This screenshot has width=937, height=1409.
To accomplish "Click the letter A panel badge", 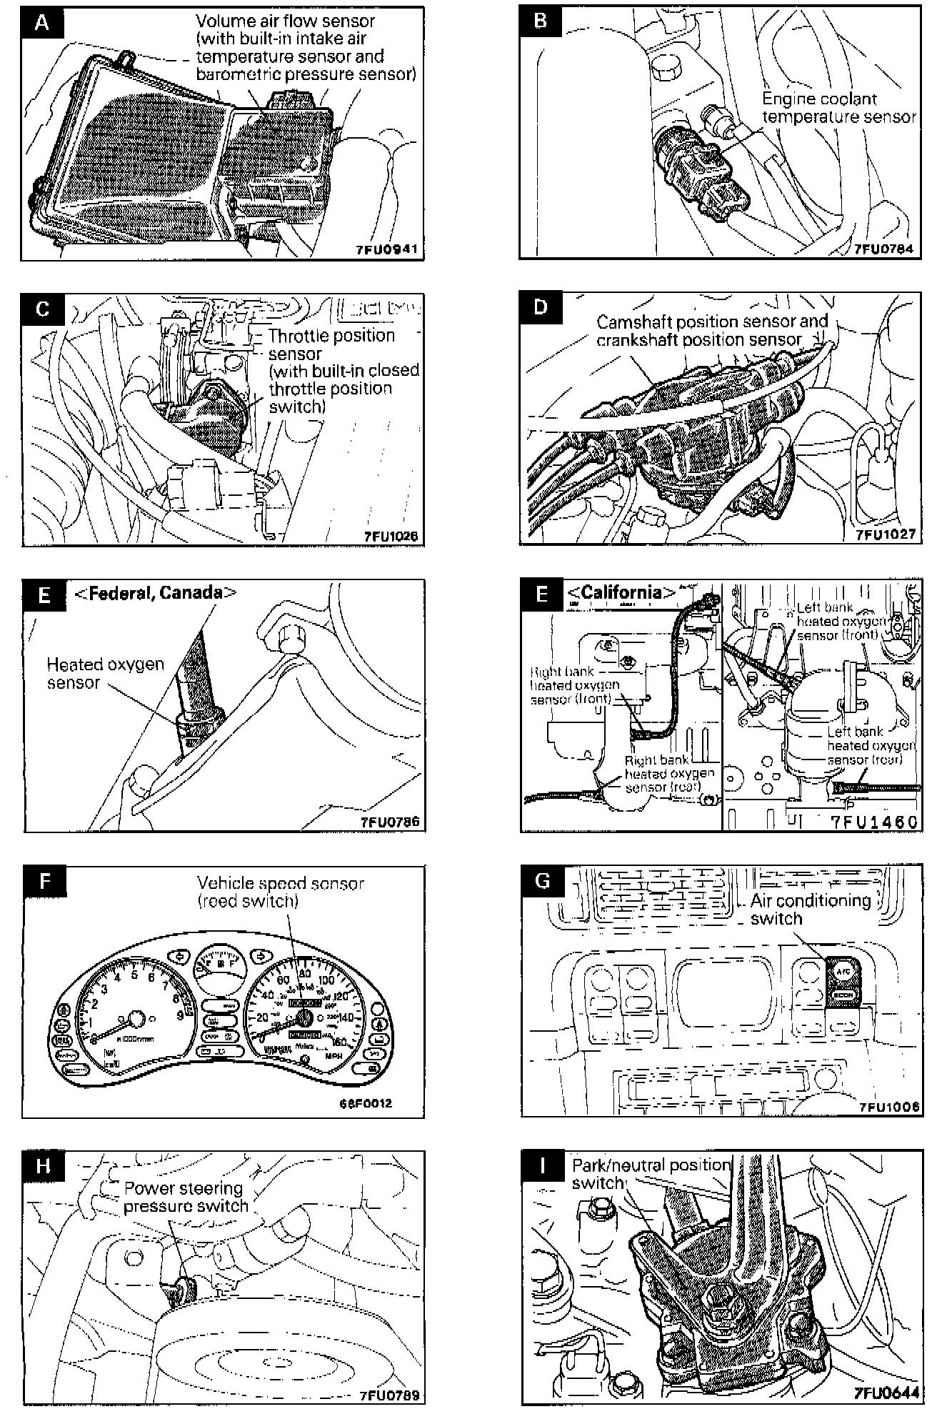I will [42, 23].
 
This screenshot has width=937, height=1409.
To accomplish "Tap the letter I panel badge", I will [543, 1166].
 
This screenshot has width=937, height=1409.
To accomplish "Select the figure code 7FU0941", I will [386, 250].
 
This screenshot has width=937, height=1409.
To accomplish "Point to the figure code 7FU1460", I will [873, 822].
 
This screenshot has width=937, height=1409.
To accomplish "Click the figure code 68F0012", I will [366, 1102].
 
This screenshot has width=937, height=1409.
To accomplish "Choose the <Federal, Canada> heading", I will [155, 592].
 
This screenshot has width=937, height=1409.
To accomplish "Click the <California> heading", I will [621, 592].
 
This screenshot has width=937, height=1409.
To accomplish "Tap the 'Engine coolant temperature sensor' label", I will [838, 107].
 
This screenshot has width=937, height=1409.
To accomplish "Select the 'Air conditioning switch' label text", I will [810, 909].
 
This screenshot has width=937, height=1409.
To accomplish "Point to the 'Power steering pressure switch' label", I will [186, 1197].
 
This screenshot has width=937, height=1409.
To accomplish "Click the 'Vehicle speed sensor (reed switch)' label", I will [280, 892].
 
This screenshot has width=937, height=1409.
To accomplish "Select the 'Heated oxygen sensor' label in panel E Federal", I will [105, 672].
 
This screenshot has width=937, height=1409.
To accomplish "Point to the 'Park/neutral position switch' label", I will [651, 1173].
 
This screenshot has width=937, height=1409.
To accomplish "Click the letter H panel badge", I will [43, 1166].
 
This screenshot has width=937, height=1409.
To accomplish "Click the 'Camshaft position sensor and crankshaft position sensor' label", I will [711, 330].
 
